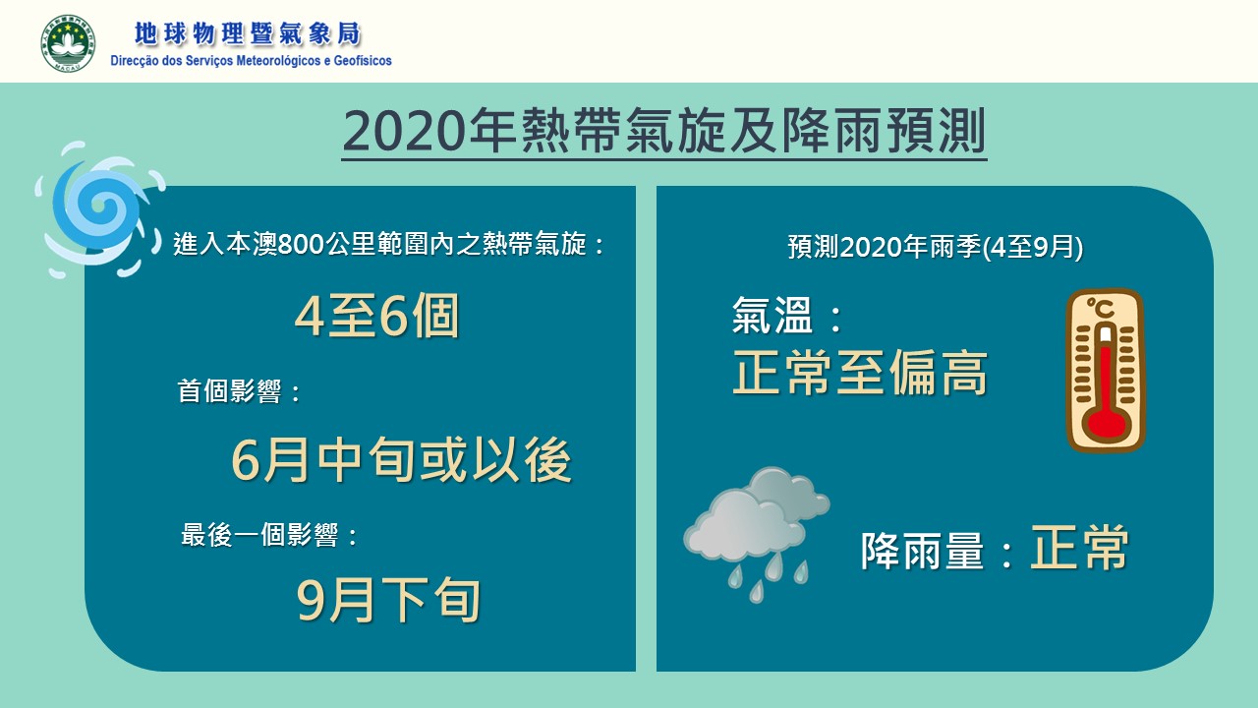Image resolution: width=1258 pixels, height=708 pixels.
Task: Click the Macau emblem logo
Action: click(x=68, y=43)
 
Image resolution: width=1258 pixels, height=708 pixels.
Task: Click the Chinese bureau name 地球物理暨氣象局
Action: click(x=248, y=34)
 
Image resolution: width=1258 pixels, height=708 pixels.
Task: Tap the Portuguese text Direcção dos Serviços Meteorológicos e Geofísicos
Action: click(x=251, y=61)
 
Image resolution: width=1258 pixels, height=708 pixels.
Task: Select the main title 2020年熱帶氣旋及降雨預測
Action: click(x=664, y=131)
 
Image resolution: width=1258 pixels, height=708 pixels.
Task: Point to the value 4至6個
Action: click(x=376, y=316)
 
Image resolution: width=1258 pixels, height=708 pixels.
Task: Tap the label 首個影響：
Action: click(x=240, y=391)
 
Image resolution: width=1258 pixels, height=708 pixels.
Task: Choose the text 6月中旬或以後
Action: click(x=402, y=461)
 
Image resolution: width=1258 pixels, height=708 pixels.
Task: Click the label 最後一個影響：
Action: click(x=269, y=534)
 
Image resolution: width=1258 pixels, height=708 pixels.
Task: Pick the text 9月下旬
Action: click(x=388, y=600)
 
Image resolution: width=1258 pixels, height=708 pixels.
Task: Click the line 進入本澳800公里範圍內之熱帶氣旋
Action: click(x=380, y=245)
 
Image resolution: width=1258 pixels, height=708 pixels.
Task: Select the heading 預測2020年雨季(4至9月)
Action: click(x=935, y=247)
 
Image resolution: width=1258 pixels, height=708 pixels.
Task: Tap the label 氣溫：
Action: click(x=787, y=316)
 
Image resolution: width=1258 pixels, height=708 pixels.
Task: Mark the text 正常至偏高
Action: click(x=860, y=373)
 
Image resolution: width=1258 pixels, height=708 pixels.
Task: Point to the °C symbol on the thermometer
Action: click(x=1100, y=309)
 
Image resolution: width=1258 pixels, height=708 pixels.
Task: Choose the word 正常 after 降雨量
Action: click(x=1079, y=548)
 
